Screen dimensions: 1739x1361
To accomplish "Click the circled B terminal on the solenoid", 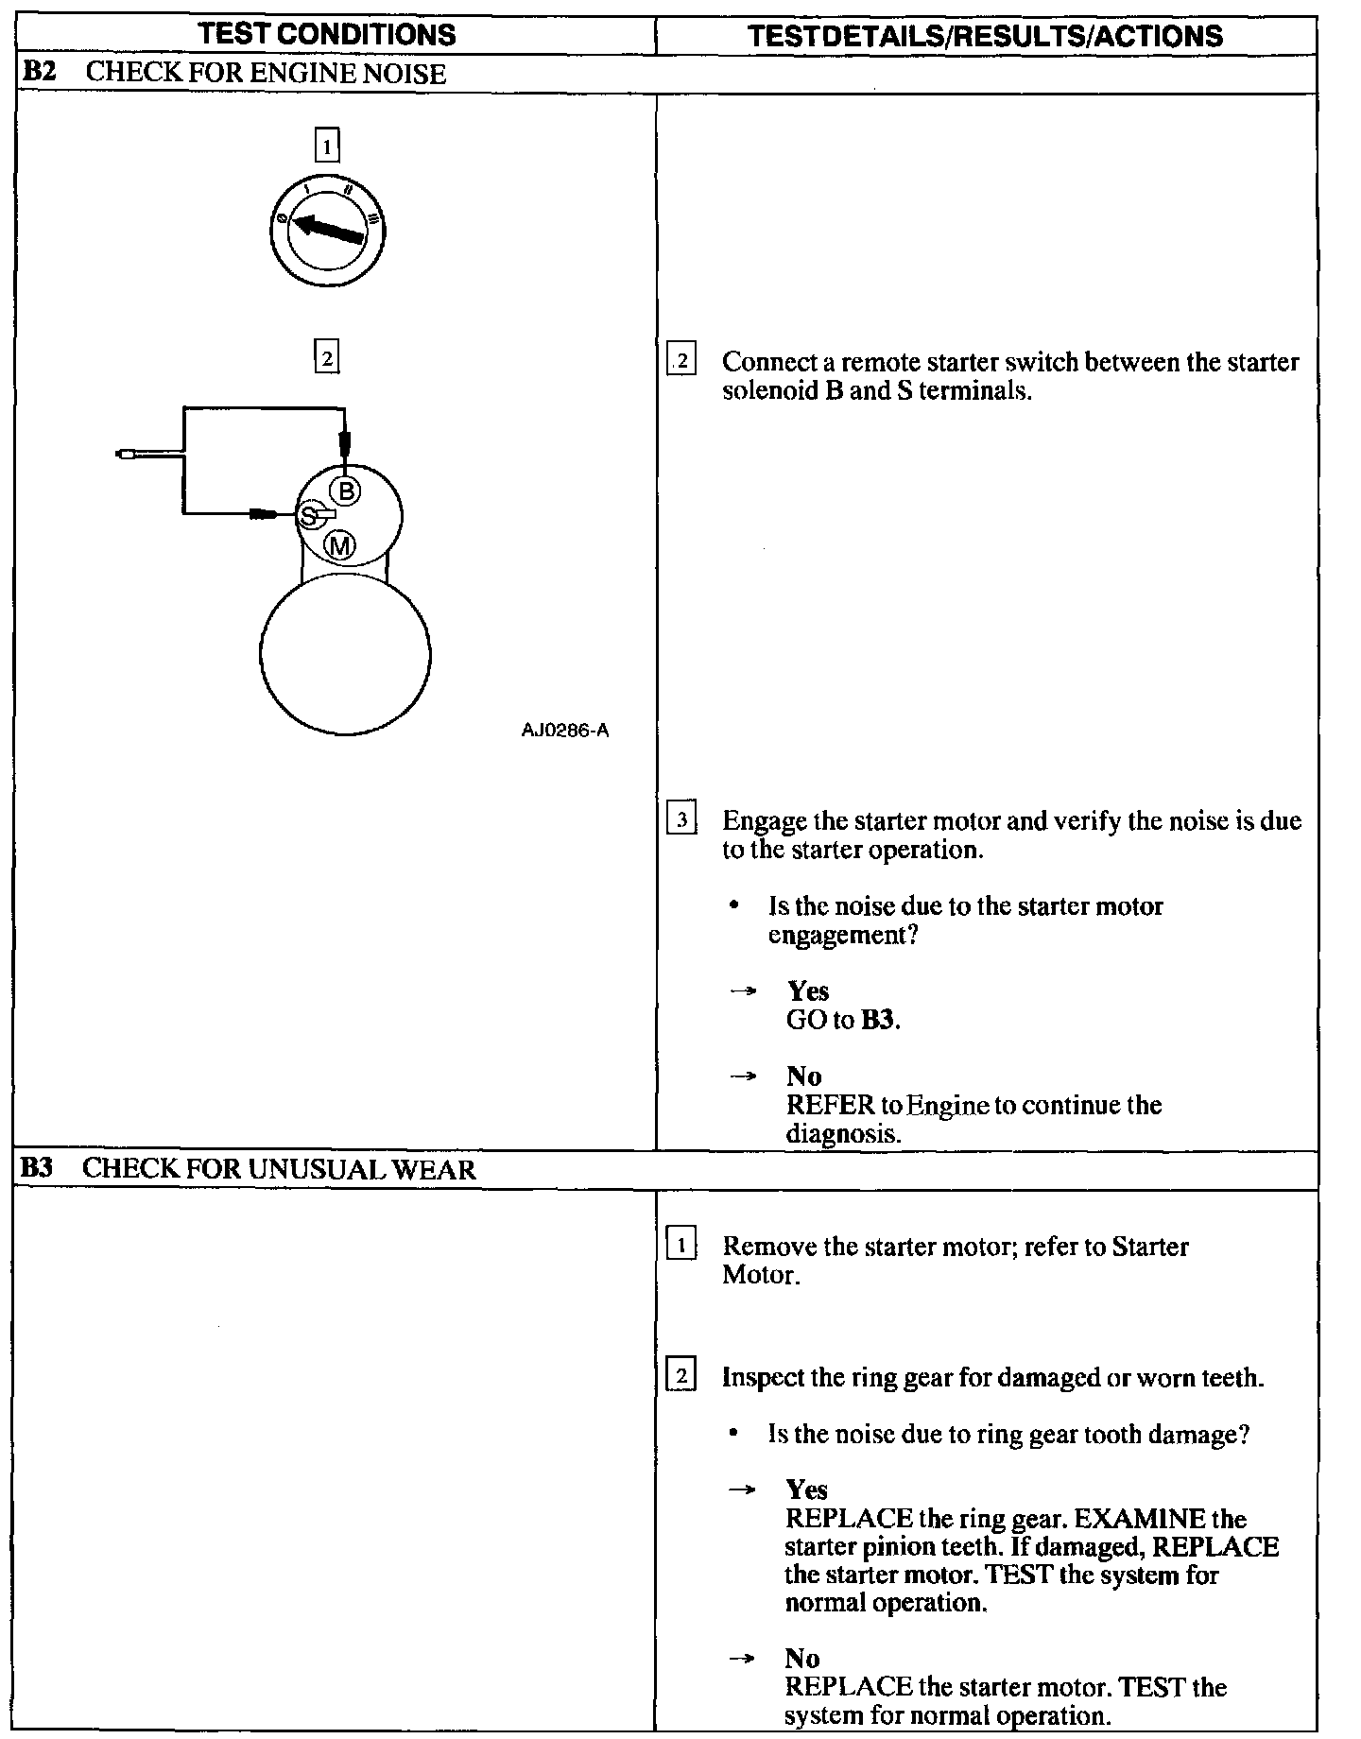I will click(x=346, y=491).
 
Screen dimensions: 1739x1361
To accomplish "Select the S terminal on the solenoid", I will click(x=309, y=516).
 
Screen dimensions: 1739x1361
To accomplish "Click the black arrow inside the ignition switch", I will click(x=327, y=230).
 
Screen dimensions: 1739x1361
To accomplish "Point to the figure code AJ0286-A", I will click(x=564, y=731).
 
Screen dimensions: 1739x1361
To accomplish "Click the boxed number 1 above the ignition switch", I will click(x=326, y=146).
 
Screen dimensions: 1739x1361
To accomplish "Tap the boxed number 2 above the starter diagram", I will click(x=326, y=358).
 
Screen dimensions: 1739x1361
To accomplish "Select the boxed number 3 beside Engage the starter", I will click(x=680, y=819).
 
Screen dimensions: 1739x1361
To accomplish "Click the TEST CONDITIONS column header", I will click(x=329, y=35).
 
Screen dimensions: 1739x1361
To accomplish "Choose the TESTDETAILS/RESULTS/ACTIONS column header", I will click(x=985, y=36).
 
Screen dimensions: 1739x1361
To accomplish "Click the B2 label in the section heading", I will click(x=37, y=73).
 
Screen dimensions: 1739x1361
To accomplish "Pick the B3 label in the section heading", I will click(x=37, y=1168).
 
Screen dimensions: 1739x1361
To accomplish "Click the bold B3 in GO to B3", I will click(x=878, y=1020).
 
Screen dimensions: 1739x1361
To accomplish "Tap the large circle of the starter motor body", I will click(x=345, y=655).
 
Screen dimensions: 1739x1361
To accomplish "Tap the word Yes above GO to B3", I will click(x=808, y=990).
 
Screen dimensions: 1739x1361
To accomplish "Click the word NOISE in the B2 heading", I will click(x=404, y=74).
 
